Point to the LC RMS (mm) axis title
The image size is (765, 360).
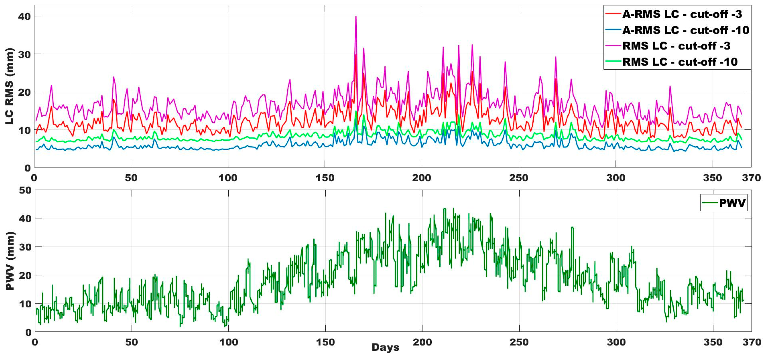click(10, 86)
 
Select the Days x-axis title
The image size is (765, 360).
click(385, 347)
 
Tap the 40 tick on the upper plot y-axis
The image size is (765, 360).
click(24, 16)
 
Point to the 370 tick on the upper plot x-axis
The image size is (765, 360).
click(751, 178)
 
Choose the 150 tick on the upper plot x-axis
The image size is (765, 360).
click(325, 178)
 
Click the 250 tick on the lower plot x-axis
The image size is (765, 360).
click(519, 342)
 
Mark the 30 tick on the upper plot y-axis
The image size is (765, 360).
click(24, 54)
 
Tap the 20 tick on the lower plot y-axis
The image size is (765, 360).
click(25, 275)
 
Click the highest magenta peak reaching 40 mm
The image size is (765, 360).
click(356, 17)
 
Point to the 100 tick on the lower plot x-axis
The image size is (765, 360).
click(228, 342)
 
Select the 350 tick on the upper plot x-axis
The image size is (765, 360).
click(712, 178)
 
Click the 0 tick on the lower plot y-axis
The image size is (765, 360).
click(28, 332)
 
